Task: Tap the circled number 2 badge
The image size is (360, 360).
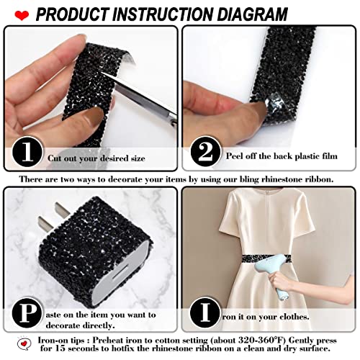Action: coord(204,152)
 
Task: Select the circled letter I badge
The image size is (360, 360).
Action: coord(204,314)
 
